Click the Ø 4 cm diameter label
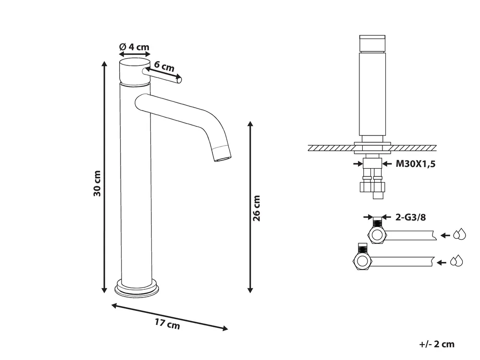(134, 47)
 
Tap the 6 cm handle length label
(164, 66)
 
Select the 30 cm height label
(97, 184)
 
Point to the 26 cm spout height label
(257, 208)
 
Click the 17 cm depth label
(167, 323)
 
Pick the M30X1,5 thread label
(416, 164)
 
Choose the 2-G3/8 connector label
(410, 217)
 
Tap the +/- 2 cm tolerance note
(437, 344)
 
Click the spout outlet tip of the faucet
(223, 158)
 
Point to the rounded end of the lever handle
(179, 80)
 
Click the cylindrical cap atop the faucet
(135, 72)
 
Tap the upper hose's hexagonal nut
(377, 235)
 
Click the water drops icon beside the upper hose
(459, 234)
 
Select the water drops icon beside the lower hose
(456, 261)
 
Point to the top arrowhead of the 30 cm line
(104, 63)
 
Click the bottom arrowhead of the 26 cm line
(250, 290)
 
